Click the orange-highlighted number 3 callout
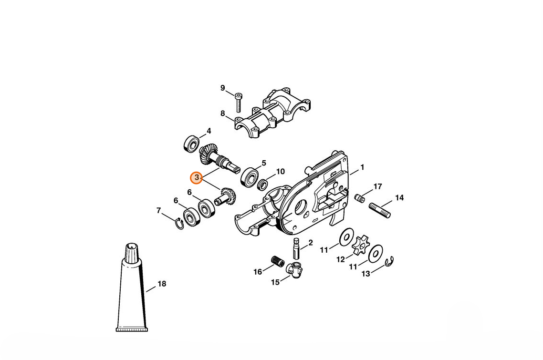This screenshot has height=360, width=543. tap(197, 177)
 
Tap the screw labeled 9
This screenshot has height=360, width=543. tap(238, 102)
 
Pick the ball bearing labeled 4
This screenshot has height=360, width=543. tap(191, 144)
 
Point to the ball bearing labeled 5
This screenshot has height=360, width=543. tap(250, 176)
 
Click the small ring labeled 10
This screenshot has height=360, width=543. tap(262, 184)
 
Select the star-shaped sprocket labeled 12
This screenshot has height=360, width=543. tap(361, 246)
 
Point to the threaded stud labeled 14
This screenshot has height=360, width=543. tap(379, 210)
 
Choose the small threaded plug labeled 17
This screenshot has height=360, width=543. tap(359, 199)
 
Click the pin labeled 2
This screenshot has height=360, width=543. tap(296, 248)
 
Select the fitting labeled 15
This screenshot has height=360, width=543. tap(294, 270)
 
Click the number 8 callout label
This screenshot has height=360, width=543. tap(223, 113)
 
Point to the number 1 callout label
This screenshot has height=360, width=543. tap(362, 167)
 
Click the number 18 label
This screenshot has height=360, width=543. tap(162, 284)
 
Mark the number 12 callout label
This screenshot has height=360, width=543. tap(341, 259)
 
